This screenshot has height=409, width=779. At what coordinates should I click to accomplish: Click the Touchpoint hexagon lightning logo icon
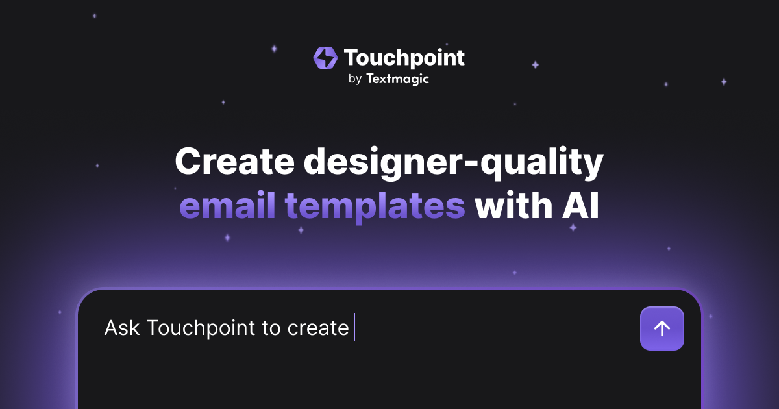(x=325, y=58)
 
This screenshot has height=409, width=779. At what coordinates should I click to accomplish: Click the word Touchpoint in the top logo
(x=404, y=58)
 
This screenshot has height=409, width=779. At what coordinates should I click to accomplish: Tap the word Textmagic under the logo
(x=397, y=79)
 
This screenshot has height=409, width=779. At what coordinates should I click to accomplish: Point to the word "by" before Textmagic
(x=354, y=80)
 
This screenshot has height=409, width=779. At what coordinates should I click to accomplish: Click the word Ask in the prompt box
(x=122, y=328)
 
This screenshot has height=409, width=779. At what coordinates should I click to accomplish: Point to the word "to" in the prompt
(x=271, y=328)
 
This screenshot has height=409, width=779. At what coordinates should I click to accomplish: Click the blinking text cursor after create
(x=354, y=327)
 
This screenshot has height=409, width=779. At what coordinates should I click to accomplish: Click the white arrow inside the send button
(x=662, y=328)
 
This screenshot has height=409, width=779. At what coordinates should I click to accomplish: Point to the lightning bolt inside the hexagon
(x=325, y=58)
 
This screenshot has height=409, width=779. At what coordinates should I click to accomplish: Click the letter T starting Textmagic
(x=370, y=79)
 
